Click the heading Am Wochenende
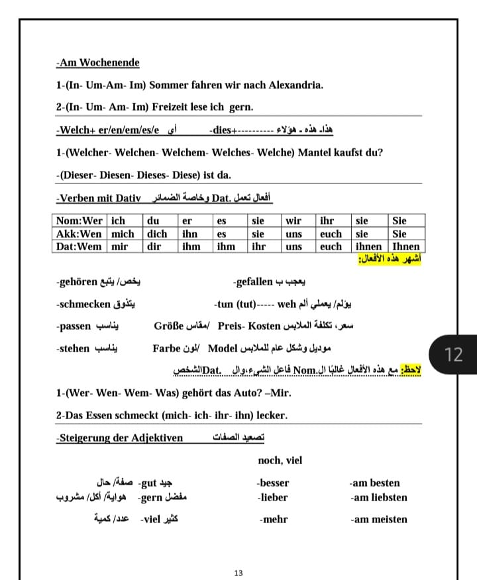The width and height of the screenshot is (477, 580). pyautogui.click(x=98, y=63)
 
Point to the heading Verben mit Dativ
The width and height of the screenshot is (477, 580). pyautogui.click(x=99, y=197)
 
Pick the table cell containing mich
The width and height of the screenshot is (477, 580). pyautogui.click(x=123, y=234)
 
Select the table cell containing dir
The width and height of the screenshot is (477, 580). pyautogui.click(x=154, y=246)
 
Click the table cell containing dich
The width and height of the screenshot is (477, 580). pyautogui.click(x=157, y=234)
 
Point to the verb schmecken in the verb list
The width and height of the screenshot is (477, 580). pyautogui.click(x=84, y=305)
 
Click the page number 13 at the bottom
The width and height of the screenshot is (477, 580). pyautogui.click(x=238, y=573)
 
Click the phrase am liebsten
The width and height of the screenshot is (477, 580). pyautogui.click(x=380, y=497)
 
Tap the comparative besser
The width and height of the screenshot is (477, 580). pyautogui.click(x=274, y=483)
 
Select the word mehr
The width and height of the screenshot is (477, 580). pyautogui.click(x=274, y=519)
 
